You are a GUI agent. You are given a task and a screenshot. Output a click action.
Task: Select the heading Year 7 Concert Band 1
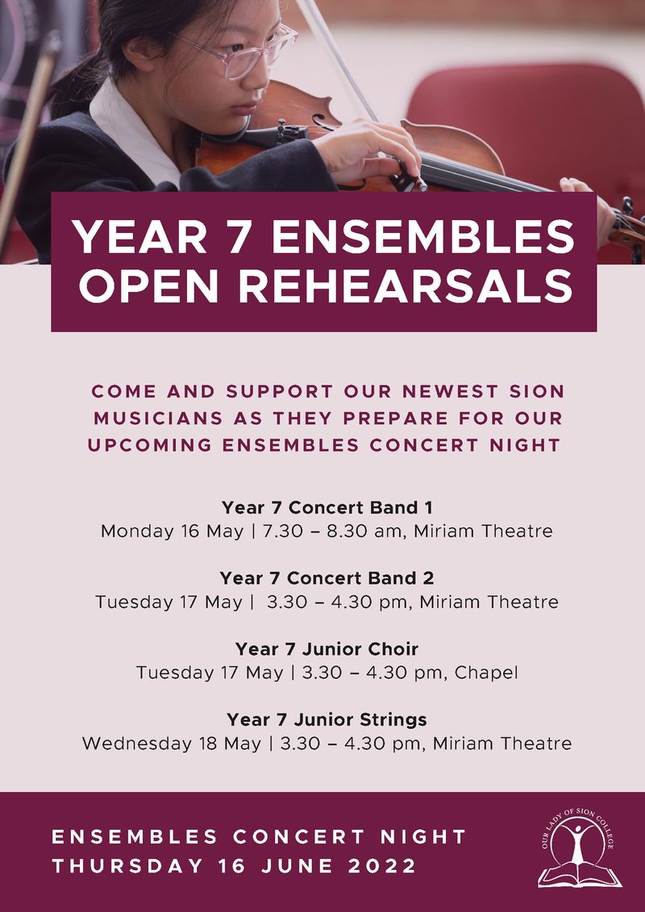click(327, 508)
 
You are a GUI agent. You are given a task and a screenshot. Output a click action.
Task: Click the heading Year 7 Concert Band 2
click(327, 578)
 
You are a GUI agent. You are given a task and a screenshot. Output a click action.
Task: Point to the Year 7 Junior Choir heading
click(327, 648)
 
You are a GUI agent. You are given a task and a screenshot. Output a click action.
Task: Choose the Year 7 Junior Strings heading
click(327, 719)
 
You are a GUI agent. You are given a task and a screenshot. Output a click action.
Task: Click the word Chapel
click(486, 673)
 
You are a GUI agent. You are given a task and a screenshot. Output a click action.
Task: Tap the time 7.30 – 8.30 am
click(332, 531)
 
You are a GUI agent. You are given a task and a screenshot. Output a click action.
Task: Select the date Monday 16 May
click(173, 531)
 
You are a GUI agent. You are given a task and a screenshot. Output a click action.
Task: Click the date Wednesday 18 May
click(172, 744)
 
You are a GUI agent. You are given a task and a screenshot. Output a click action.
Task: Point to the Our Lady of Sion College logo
click(580, 848)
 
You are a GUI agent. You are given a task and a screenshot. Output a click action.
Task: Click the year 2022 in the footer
click(382, 866)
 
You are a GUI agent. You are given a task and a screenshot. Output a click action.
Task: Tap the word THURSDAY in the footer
click(128, 866)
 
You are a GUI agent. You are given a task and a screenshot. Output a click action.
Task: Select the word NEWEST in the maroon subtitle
click(450, 391)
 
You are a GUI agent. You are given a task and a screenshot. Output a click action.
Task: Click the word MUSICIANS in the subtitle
click(158, 419)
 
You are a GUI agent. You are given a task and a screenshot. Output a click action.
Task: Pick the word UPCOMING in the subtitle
click(150, 446)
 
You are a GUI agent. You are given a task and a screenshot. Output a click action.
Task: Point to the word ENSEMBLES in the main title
click(423, 237)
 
